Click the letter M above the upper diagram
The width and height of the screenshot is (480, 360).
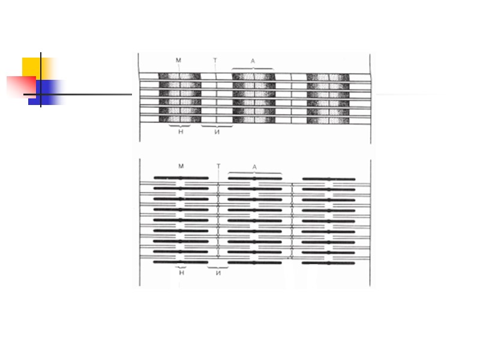(178, 60)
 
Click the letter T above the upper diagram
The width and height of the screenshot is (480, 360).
(215, 60)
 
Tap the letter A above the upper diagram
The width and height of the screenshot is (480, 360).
(253, 61)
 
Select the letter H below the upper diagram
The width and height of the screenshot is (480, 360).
(181, 131)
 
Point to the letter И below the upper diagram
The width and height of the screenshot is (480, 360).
(217, 131)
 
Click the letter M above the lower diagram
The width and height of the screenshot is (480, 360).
(181, 166)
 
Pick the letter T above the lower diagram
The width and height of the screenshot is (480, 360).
(218, 166)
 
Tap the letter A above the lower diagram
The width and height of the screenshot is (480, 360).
(254, 167)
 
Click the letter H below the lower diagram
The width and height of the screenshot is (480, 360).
(181, 272)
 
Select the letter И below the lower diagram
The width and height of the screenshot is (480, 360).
(218, 272)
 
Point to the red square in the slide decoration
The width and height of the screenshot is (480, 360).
(20, 85)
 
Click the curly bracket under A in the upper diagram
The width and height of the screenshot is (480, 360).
(253, 70)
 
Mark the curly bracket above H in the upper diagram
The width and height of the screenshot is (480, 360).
(180, 125)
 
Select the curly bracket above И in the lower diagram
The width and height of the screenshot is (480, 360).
(218, 266)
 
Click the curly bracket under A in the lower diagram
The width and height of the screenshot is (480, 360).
(254, 173)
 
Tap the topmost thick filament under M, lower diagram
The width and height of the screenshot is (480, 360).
(181, 178)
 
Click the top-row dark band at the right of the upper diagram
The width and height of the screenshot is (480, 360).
(328, 77)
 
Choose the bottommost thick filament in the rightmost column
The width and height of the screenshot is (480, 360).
(329, 262)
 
